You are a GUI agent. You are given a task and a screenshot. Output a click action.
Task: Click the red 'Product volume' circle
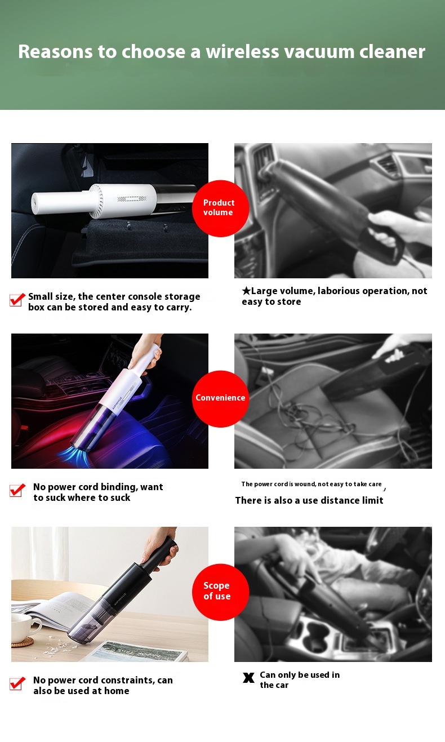220,208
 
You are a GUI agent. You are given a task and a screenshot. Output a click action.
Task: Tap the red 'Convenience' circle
220,399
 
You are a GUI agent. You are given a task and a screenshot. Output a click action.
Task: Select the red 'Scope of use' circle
220,592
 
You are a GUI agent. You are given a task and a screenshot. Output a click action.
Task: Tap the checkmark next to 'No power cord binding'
17,490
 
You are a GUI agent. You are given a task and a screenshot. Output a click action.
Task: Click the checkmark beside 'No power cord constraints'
17,683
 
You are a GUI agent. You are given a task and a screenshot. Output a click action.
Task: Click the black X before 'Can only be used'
248,678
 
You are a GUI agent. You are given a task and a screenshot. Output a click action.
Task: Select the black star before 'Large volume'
246,291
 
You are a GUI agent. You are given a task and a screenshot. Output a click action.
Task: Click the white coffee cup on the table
25,626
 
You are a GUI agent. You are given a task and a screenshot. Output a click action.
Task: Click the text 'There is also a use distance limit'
309,500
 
